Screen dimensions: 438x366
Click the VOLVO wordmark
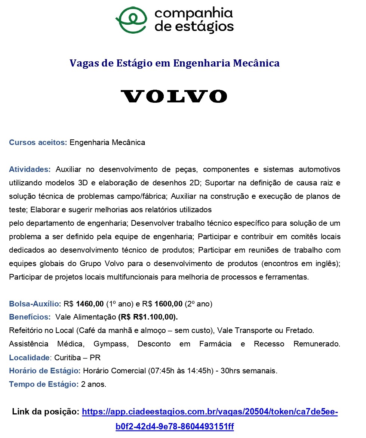174,96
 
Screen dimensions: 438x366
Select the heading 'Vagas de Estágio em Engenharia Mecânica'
175,63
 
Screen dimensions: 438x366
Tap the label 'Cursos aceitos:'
38,142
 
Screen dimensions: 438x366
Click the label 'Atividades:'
30,169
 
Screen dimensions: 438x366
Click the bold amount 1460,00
90,304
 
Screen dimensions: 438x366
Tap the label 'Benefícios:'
30,317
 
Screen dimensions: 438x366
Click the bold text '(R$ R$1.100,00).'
148,317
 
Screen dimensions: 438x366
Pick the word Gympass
110,344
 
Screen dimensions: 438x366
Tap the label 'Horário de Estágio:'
45,371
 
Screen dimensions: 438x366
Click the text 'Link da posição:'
46,412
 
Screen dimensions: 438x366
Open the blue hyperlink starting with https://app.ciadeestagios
210,412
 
